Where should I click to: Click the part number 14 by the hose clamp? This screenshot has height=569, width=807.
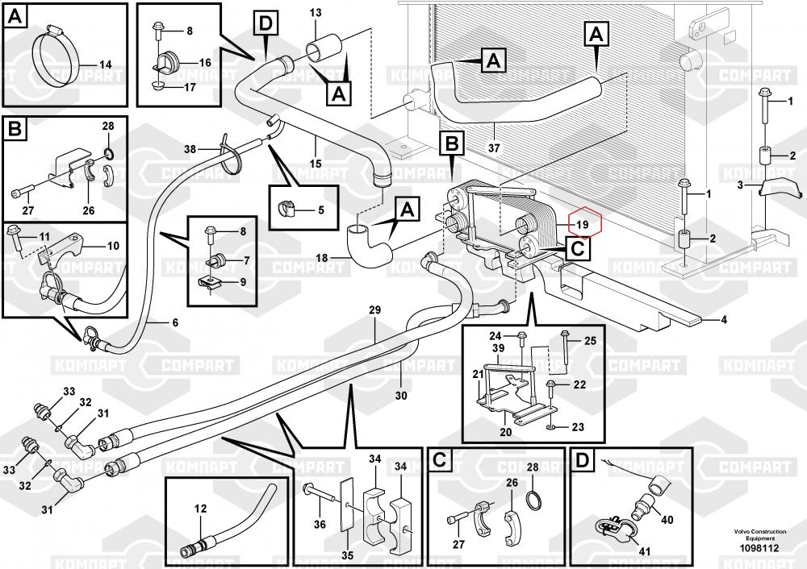pos(105,64)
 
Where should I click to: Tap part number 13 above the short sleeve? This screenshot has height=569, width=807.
pos(315,13)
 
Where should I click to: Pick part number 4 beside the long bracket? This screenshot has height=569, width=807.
pos(723,320)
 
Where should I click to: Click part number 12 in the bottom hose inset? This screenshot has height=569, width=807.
pos(201,509)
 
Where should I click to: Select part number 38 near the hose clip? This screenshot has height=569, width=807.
pos(190,149)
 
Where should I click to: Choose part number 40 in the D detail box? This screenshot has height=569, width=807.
pos(667,521)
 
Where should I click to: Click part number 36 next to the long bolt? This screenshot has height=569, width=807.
pos(320,525)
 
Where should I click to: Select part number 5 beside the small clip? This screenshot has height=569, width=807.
pos(320,211)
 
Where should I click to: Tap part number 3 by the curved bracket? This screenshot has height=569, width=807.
pos(740,186)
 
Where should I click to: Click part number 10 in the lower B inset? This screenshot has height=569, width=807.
pos(112,246)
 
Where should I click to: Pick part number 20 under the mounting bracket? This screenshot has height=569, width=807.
pos(505,432)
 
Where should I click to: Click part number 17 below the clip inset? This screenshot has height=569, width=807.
pos(190,86)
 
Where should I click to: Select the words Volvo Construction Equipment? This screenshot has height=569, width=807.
pos(756,535)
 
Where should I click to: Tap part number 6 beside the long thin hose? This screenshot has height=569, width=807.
pos(174,322)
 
